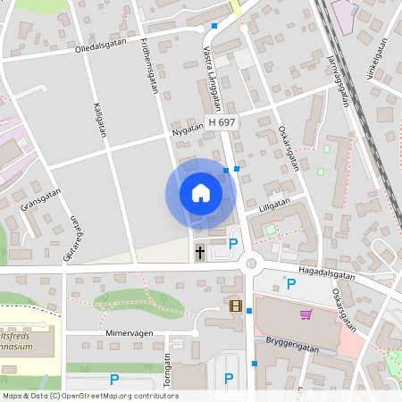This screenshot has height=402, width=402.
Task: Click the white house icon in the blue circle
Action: click(x=200, y=193)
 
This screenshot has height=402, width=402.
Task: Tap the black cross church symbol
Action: click(x=200, y=253)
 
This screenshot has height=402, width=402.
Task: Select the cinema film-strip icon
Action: click(x=235, y=306)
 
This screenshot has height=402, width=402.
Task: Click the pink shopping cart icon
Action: click(x=306, y=314)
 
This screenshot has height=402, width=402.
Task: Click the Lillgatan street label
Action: click(x=274, y=204)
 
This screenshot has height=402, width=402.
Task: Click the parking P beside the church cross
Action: click(x=233, y=244)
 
